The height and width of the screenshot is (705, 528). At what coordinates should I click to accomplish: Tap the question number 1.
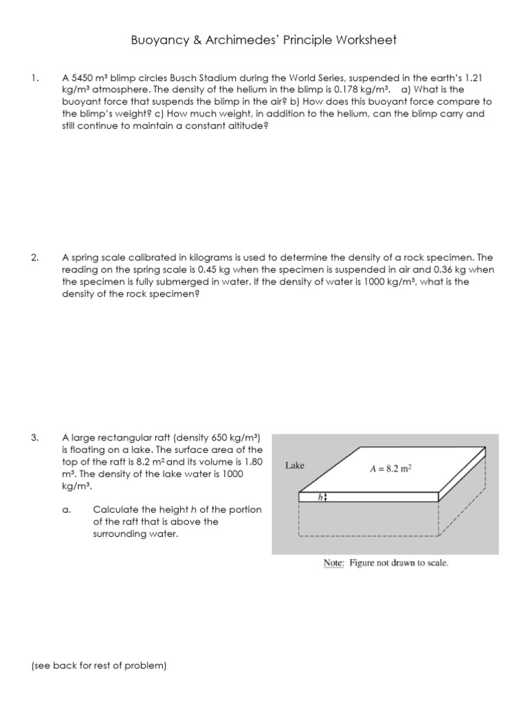pyautogui.click(x=34, y=78)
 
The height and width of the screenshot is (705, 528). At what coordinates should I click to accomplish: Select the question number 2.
pyautogui.click(x=34, y=257)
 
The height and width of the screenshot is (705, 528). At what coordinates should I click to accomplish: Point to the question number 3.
pyautogui.click(x=34, y=437)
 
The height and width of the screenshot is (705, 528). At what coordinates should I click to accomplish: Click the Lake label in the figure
pyautogui.click(x=295, y=465)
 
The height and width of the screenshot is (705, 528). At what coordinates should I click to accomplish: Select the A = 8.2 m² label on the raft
pyautogui.click(x=390, y=470)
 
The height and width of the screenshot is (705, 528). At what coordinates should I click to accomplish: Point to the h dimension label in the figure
pyautogui.click(x=320, y=496)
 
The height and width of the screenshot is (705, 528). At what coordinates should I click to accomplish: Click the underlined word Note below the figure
pyautogui.click(x=334, y=562)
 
